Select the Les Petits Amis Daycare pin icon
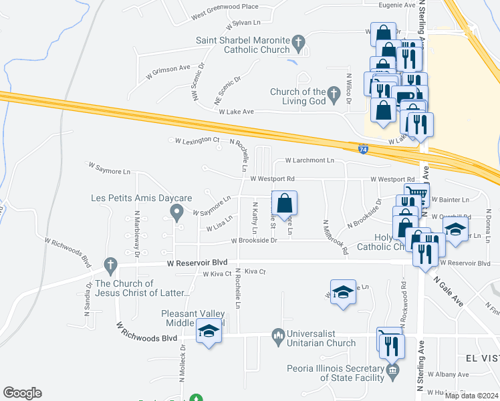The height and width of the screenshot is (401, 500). [176, 213]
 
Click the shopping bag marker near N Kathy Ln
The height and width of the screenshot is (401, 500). [284, 203]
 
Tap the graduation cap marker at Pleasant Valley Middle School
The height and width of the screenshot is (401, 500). [209, 331]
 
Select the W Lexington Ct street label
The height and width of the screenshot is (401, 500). [197, 140]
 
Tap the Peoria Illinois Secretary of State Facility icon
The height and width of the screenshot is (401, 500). [392, 370]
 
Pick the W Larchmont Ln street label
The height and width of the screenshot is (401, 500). [309, 160]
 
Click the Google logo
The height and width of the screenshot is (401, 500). [22, 393]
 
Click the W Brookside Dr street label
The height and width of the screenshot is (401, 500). [254, 241]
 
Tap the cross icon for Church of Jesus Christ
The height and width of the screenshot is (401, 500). [111, 265]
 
